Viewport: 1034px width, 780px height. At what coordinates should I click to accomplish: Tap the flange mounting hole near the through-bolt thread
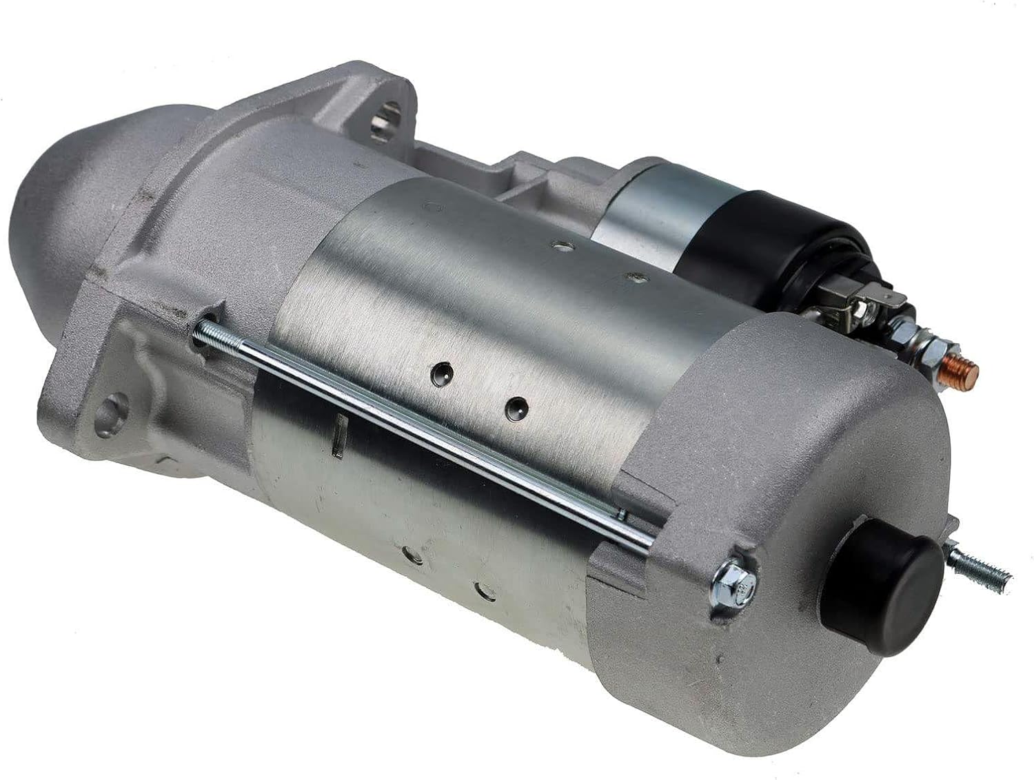[x=109, y=413]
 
